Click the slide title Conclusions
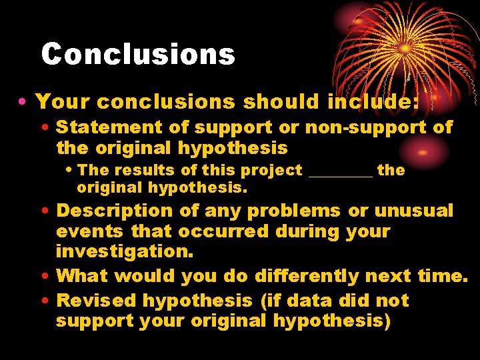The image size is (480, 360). tap(138, 54)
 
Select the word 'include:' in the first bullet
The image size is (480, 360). tap(373, 101)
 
